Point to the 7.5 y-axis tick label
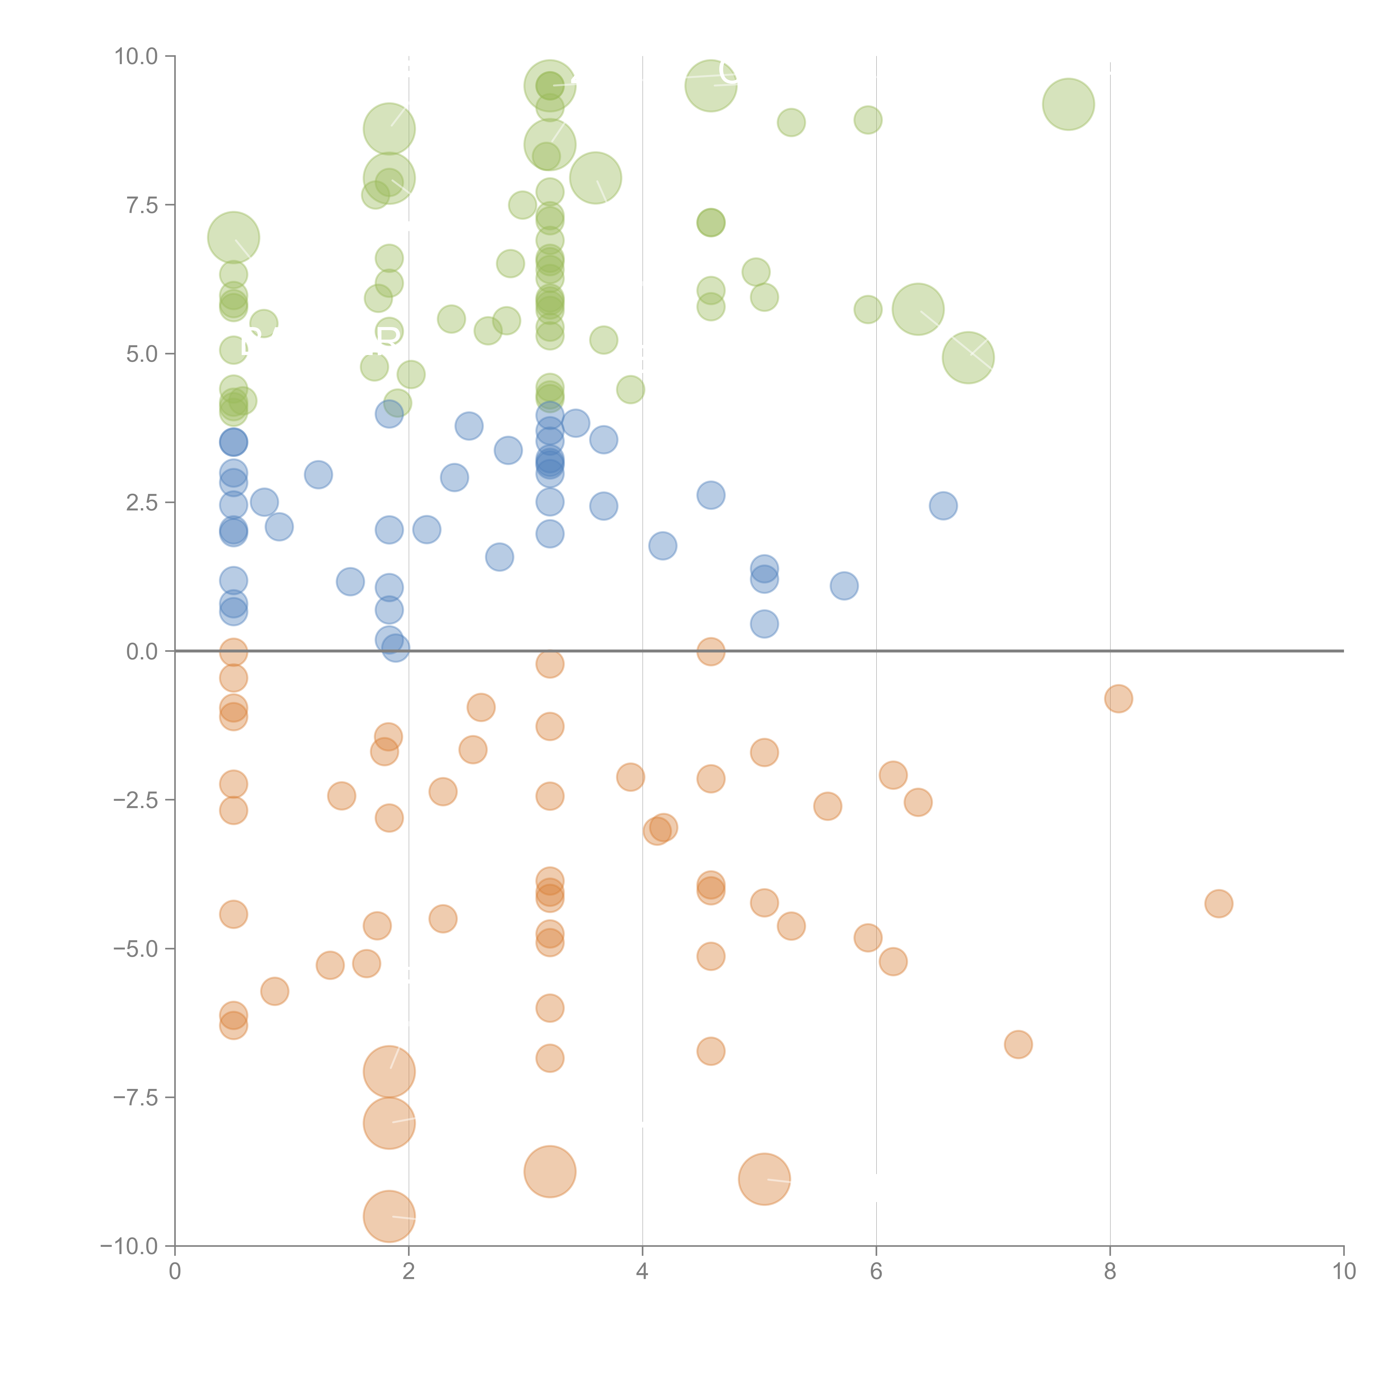142,205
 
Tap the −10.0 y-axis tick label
129,1246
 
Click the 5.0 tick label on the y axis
142,354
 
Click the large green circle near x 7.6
1068,104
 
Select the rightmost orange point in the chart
1219,904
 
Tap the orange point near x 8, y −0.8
1118,699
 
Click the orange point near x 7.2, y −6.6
1018,1044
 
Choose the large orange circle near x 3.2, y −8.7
550,1172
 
